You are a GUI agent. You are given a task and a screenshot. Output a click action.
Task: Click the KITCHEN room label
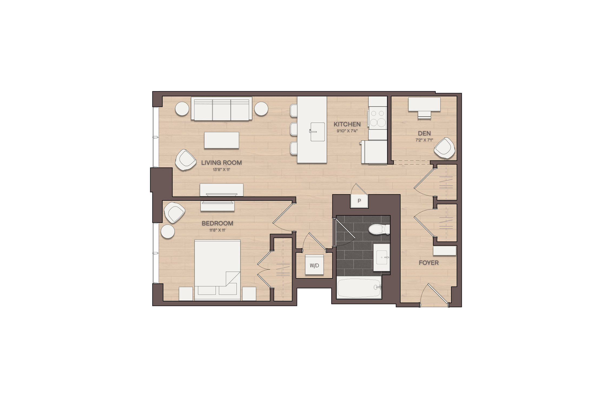tap(347, 124)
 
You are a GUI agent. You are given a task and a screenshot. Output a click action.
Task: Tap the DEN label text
tap(424, 133)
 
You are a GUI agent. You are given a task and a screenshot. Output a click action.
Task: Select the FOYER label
tap(429, 263)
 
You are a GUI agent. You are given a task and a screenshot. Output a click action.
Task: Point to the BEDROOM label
tap(217, 223)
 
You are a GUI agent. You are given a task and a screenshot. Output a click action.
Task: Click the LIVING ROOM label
tap(221, 163)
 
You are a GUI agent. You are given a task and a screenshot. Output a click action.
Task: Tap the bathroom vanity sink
tap(382, 257)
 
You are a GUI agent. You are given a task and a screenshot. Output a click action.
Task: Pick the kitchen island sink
tap(318, 132)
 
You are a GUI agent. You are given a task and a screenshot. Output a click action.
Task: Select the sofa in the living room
tap(222, 108)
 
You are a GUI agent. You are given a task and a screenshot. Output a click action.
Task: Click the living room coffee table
tap(222, 140)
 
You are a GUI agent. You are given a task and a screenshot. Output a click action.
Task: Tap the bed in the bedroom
tap(217, 270)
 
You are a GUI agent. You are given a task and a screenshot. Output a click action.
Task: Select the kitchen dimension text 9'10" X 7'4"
tap(347, 131)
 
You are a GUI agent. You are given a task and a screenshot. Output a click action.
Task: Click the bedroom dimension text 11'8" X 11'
tap(217, 230)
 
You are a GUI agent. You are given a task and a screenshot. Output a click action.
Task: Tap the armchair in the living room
tap(186, 160)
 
